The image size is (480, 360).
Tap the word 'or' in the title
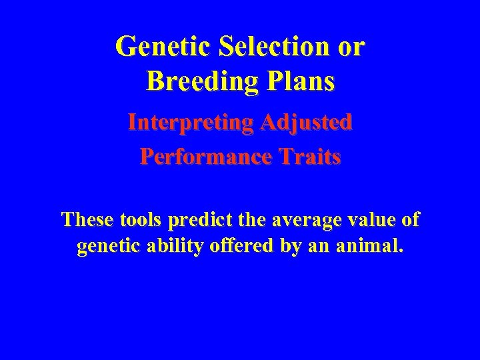click(350, 47)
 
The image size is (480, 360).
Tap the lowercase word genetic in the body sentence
click(104, 247)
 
